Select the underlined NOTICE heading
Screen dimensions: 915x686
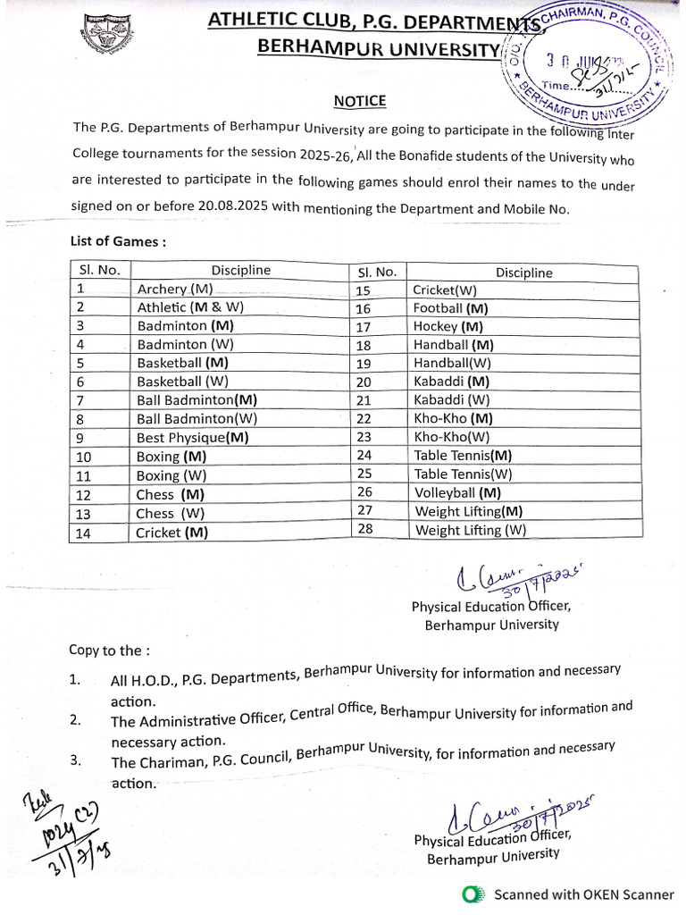360,102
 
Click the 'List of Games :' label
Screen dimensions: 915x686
118,241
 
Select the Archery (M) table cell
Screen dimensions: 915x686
175,290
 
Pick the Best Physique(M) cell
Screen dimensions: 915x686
192,438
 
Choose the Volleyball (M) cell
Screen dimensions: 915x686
457,492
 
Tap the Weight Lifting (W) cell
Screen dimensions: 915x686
471,530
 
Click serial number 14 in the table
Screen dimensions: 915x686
86,533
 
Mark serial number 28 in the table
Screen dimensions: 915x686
364,530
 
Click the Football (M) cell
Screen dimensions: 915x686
451,308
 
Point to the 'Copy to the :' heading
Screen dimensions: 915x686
110,650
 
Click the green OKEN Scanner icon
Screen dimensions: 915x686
473,894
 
